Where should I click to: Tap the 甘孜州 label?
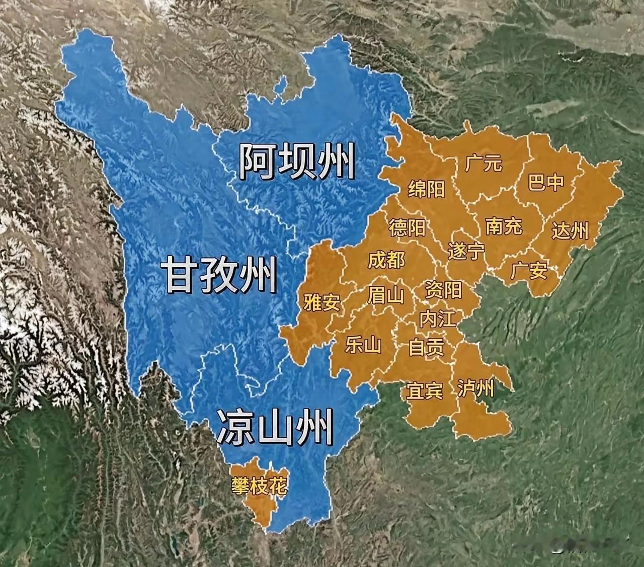(x=220, y=274)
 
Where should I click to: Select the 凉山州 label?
(x=275, y=427)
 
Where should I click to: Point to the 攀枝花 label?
(x=260, y=486)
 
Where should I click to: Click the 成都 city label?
(x=386, y=260)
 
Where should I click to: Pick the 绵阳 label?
(x=427, y=189)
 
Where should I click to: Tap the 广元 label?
(x=484, y=163)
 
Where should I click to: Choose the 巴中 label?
(x=546, y=182)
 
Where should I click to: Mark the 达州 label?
(x=570, y=230)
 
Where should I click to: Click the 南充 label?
(x=504, y=226)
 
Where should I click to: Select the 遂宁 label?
(x=466, y=251)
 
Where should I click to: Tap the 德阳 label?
(x=407, y=228)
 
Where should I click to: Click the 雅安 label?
(x=322, y=302)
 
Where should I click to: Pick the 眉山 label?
(x=386, y=295)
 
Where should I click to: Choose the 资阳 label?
(x=443, y=290)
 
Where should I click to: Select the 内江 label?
(x=437, y=319)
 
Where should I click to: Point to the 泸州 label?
(x=476, y=388)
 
